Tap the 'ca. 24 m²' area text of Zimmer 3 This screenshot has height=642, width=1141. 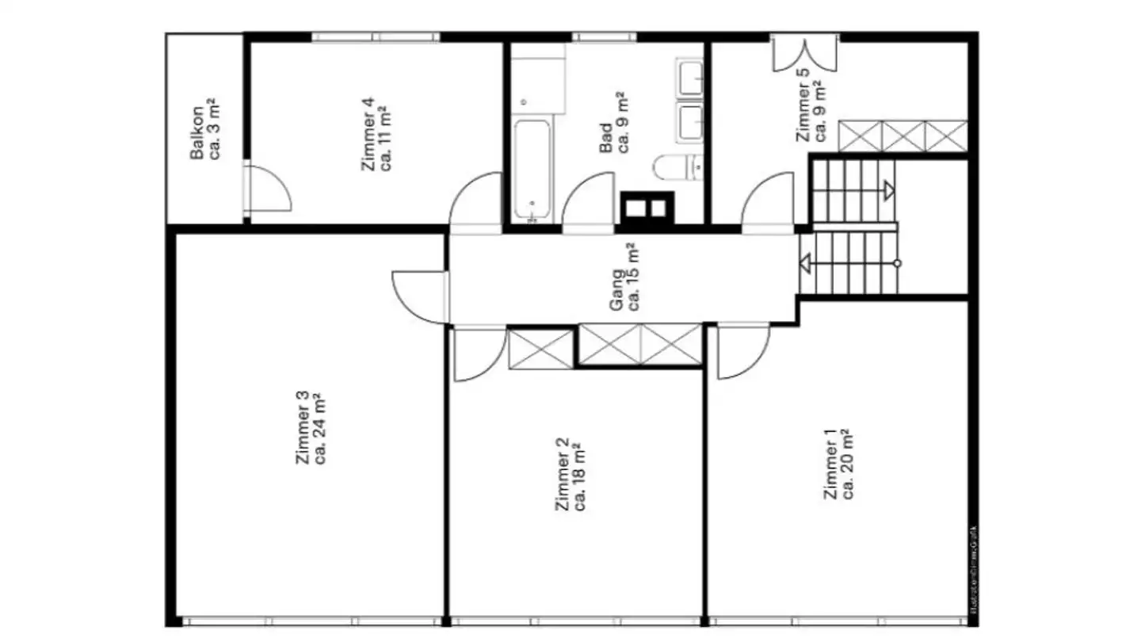coord(321,428)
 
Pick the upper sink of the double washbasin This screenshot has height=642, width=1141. coord(690,77)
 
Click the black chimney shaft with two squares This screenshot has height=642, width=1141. coord(646,209)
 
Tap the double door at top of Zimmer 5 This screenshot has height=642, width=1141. coord(804,52)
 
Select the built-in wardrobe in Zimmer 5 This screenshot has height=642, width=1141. coord(902,136)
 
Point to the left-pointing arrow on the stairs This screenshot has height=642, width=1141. coord(806,263)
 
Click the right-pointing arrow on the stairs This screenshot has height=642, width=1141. coord(889,189)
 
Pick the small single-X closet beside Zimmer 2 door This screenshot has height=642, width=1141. coord(540,349)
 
